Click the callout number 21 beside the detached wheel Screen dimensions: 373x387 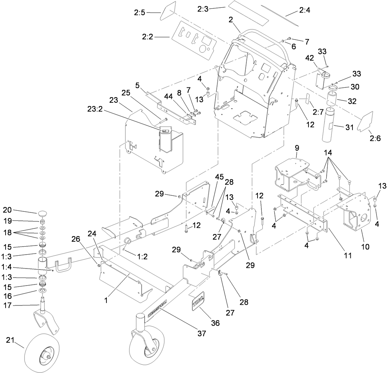pos(10,340)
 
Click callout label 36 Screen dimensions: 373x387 pos(215,323)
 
